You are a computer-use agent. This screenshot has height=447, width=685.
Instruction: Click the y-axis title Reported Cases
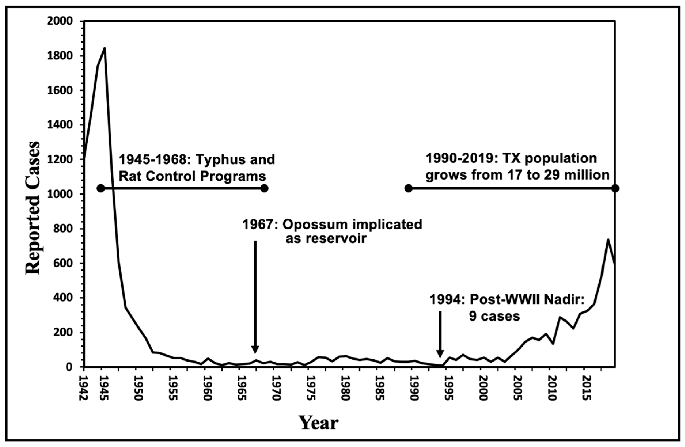tap(33, 208)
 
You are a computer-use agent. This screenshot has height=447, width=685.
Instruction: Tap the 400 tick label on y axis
tap(65, 298)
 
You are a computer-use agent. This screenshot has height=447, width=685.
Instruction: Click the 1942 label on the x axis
tap(84, 387)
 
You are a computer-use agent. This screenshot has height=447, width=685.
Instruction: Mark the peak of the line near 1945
tap(105, 48)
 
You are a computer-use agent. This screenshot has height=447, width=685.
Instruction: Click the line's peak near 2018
tap(608, 239)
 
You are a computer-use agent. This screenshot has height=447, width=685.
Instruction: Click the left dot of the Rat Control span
tap(101, 189)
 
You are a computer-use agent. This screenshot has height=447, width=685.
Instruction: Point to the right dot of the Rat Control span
tap(264, 189)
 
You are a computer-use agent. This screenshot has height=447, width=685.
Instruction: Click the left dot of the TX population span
tap(408, 189)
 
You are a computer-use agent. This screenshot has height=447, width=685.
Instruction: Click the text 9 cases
tap(494, 317)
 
